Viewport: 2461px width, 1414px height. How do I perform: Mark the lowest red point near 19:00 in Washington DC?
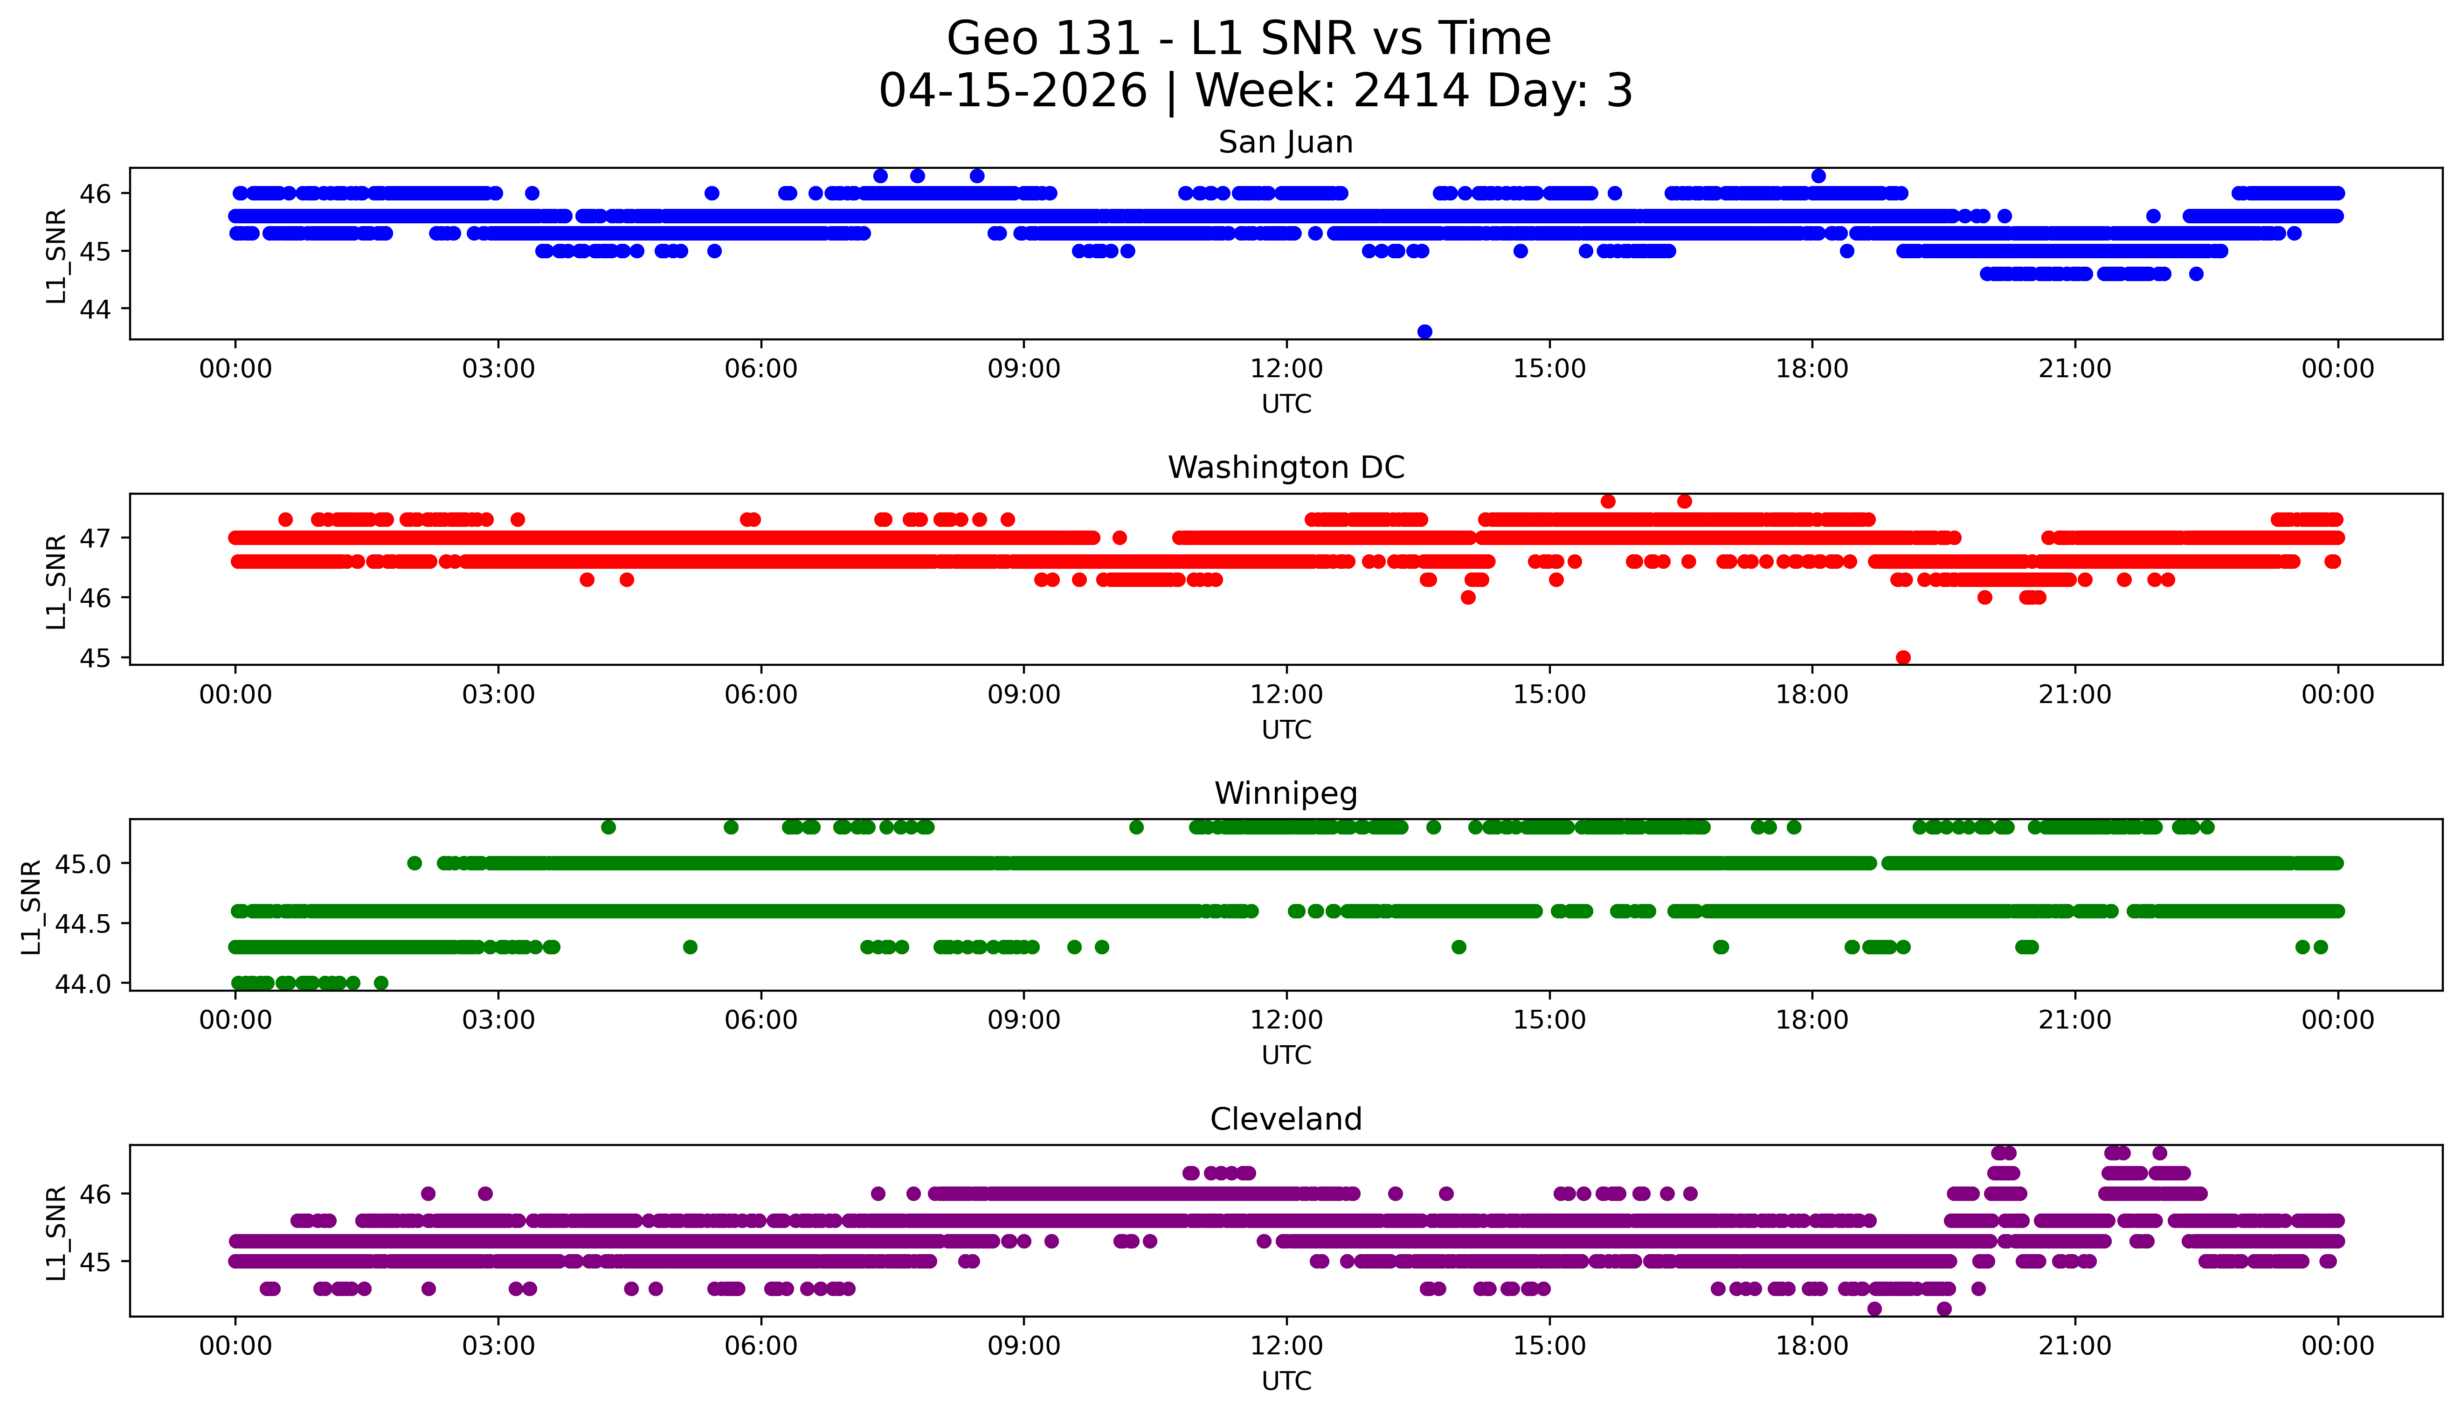pyautogui.click(x=1902, y=657)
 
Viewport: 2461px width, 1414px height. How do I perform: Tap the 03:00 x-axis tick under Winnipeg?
pyautogui.click(x=498, y=1021)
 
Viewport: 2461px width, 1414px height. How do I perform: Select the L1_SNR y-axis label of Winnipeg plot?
pyautogui.click(x=31, y=906)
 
